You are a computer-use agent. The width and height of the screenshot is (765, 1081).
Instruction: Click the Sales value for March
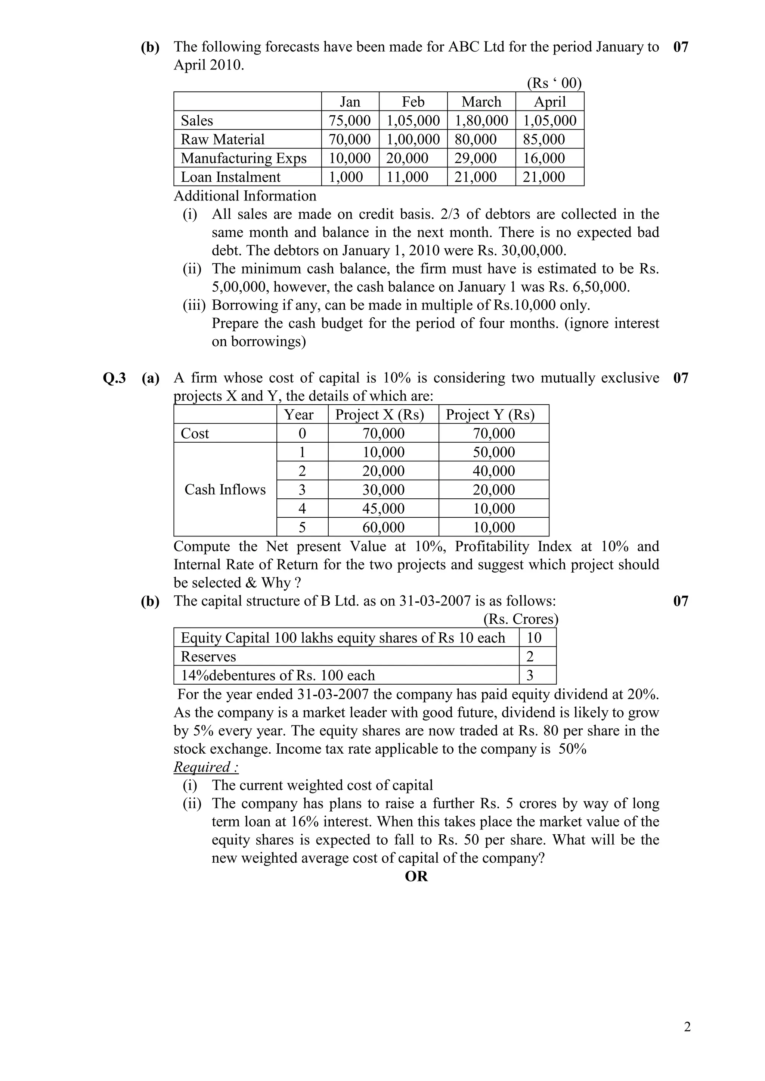pos(481,121)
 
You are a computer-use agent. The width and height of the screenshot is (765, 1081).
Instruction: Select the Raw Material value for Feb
pos(413,139)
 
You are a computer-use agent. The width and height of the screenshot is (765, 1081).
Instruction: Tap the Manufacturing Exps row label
pos(244,158)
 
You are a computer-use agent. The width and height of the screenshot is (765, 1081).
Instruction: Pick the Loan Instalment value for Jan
pos(346,177)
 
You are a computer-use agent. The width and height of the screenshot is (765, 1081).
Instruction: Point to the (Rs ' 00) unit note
pos(554,83)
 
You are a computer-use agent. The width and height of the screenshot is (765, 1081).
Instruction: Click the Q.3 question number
pos(114,378)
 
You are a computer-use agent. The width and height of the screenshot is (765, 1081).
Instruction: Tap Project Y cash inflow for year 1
pos(494,452)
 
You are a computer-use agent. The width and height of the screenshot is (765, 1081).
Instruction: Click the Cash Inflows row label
pos(225,490)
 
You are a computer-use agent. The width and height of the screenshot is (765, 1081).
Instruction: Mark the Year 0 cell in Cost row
pos(302,433)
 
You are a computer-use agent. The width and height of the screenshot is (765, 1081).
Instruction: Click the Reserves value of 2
pos(530,656)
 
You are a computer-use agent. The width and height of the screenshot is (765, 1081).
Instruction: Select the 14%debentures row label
pos(278,675)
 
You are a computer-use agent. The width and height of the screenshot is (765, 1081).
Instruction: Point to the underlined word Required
pos(206,767)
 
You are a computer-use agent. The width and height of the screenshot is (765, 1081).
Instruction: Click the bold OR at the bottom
pos(416,877)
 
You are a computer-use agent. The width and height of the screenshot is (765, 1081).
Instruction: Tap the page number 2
pos(687,1027)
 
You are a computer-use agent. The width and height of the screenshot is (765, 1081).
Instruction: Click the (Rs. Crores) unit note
pos(520,619)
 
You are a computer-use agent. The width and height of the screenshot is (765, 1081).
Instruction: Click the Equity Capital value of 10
pos(534,638)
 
